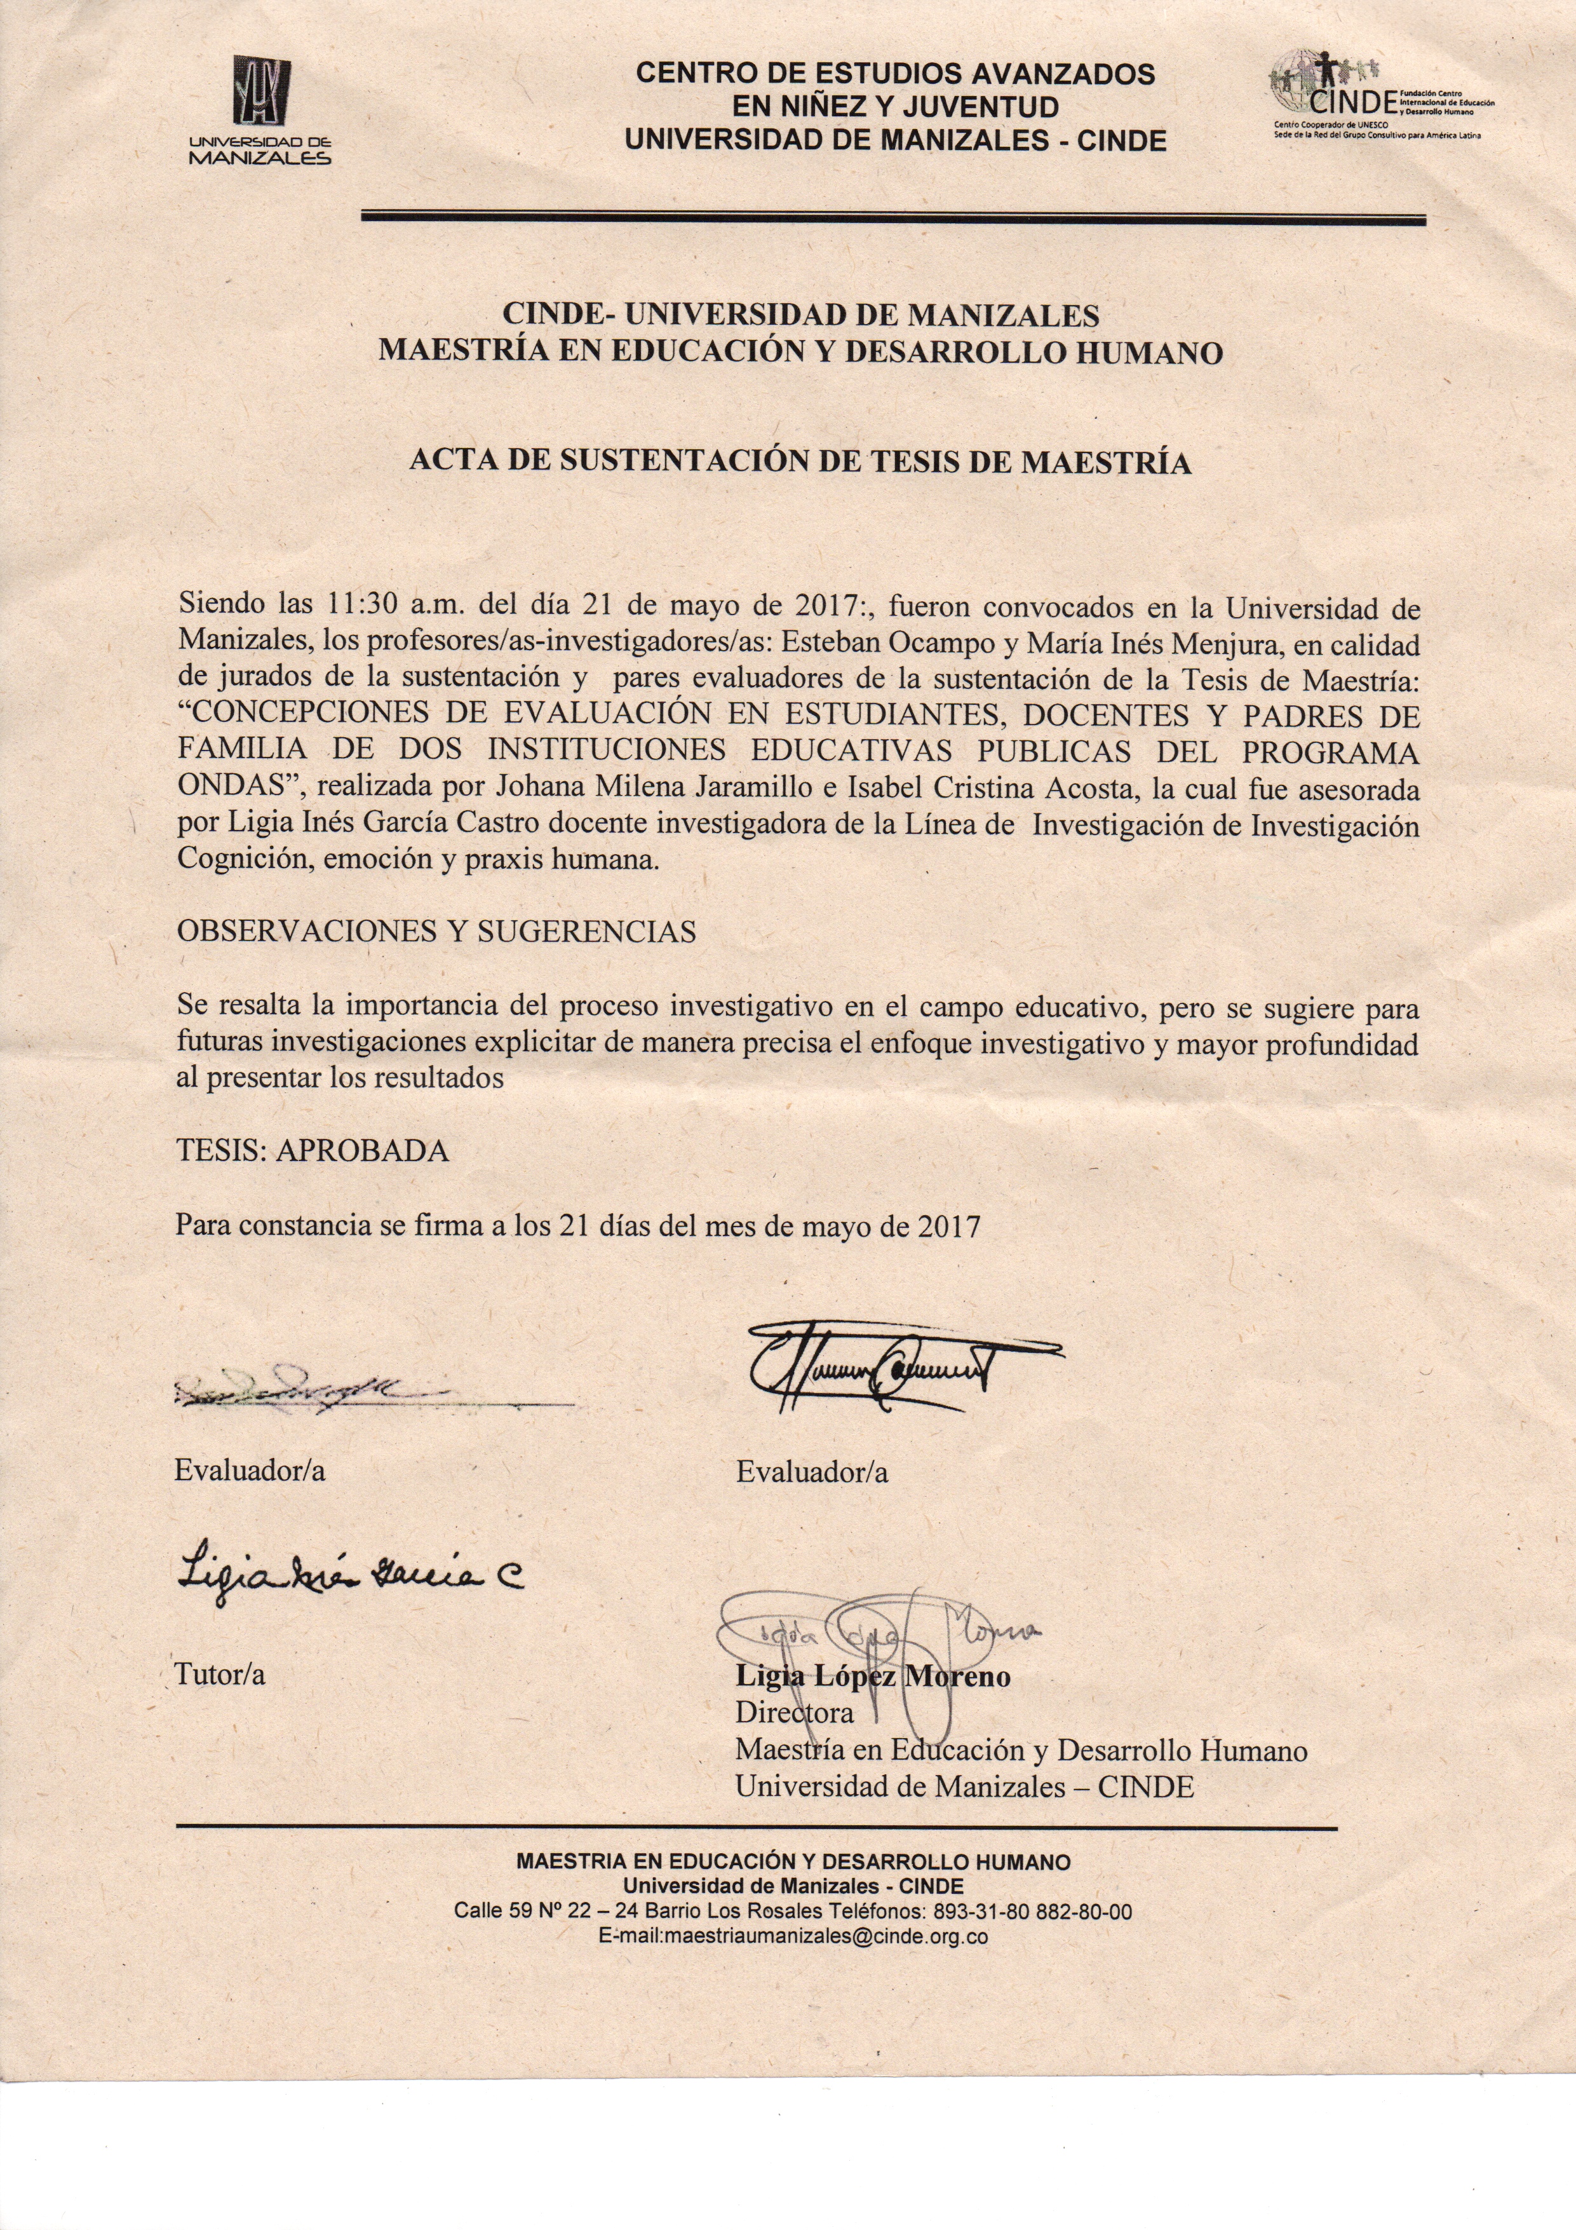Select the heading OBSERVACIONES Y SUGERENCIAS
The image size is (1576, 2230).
pyautogui.click(x=436, y=932)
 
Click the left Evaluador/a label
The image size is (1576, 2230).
pyautogui.click(x=250, y=1471)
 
